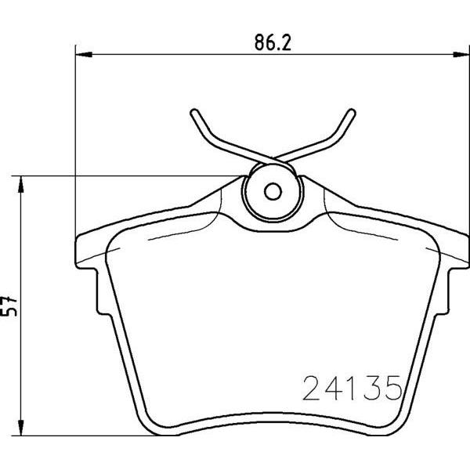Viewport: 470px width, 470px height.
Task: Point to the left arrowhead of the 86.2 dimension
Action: (82, 54)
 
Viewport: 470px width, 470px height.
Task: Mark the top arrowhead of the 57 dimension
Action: (22, 182)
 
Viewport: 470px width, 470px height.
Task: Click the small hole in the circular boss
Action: (272, 191)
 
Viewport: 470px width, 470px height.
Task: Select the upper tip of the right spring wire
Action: (349, 111)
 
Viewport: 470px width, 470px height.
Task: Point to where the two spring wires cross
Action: (271, 160)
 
